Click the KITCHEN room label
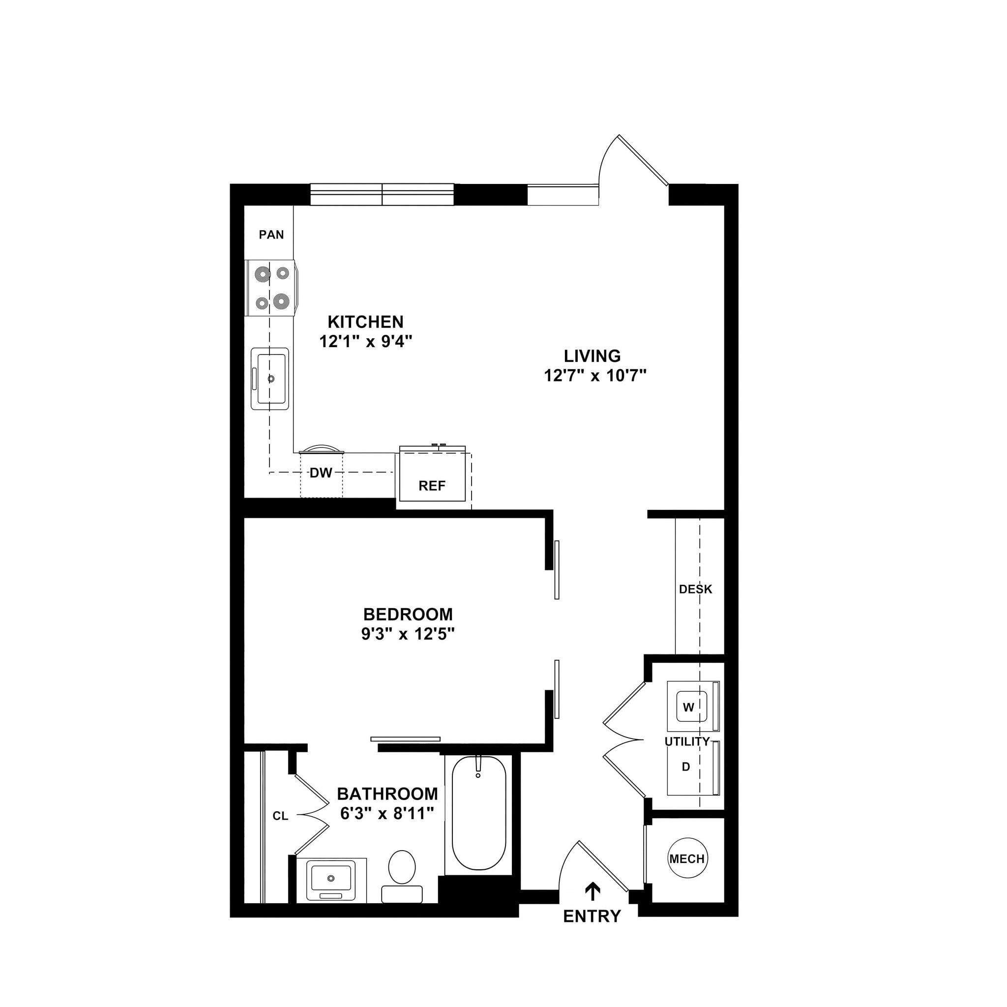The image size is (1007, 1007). coord(365,322)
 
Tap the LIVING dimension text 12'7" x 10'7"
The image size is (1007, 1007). coord(595,376)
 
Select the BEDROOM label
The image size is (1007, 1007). coord(408,615)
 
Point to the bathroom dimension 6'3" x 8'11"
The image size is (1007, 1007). coord(387,814)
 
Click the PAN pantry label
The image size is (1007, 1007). coord(271,235)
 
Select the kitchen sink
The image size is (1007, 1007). coord(270,379)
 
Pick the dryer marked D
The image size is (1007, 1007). coord(686,767)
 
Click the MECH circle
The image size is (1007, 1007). coord(687,859)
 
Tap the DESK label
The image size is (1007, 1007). coord(695,589)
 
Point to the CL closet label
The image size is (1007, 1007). coord(280,816)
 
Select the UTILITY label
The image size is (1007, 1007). coord(687,741)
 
